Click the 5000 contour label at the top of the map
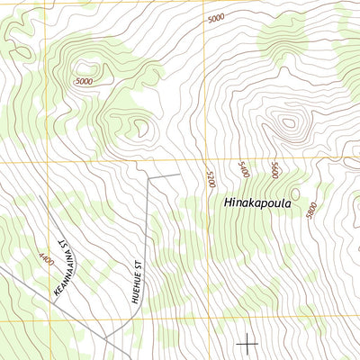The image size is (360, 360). [x=215, y=18]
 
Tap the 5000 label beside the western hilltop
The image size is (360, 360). [x=84, y=82]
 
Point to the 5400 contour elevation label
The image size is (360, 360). [x=243, y=169]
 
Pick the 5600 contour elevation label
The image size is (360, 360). [x=274, y=169]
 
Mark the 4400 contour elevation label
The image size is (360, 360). [x=45, y=258]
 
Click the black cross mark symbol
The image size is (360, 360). [x=247, y=342]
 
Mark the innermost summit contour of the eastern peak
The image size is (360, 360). [x=287, y=123]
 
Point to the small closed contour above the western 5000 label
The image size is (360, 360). [x=89, y=67]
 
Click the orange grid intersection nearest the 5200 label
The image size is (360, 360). [x=204, y=163]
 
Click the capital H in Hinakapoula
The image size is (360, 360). [x=226, y=204]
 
